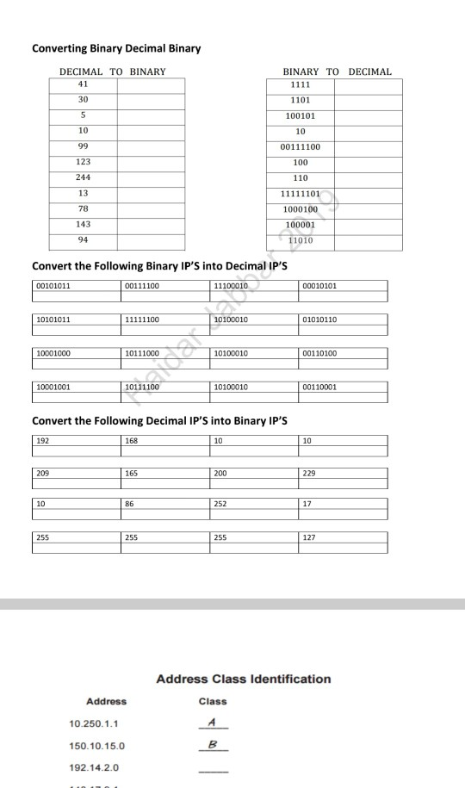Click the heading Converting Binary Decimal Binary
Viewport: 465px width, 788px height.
tap(115, 48)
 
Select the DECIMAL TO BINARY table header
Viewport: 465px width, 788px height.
tap(112, 71)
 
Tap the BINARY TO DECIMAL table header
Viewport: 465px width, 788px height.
tap(337, 71)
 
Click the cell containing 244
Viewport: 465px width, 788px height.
tap(84, 177)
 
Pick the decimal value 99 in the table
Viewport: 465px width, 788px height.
tap(84, 146)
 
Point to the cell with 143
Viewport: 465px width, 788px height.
tap(84, 224)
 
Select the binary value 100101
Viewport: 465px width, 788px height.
tap(301, 115)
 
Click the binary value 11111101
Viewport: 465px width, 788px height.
tap(301, 193)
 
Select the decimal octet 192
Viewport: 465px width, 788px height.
tap(43, 441)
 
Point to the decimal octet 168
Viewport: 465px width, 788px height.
tap(132, 441)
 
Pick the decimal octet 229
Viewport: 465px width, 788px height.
tap(310, 473)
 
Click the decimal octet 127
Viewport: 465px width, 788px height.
tap(310, 537)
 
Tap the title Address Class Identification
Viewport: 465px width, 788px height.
tap(244, 679)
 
